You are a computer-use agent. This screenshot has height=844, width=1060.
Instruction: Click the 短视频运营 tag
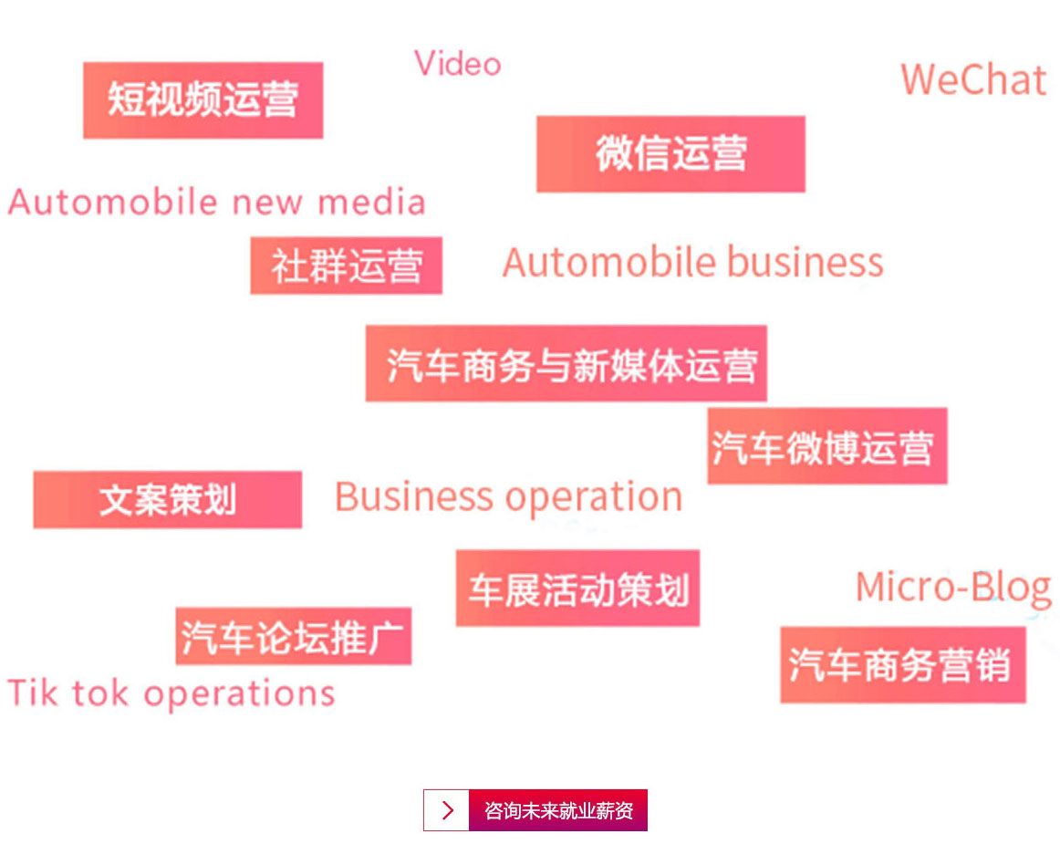pos(203,100)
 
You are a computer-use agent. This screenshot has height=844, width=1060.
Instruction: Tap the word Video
pos(458,64)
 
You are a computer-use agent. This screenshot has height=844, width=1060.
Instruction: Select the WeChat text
pos(972,80)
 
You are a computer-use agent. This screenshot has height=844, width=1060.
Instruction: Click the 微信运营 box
pos(670,154)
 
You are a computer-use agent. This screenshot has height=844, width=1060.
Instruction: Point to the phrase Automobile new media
pos(217,202)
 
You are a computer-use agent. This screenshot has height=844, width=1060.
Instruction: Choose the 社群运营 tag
pos(346,266)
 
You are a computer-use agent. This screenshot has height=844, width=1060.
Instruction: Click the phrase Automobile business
pos(692,263)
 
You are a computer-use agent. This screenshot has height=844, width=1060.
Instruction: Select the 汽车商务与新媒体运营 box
pos(566,364)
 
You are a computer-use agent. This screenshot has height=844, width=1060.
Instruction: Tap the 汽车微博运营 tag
pos(826,446)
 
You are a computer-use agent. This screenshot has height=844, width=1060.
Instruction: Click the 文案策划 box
pos(167,500)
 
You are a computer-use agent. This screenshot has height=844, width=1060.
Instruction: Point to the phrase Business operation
pos(508,497)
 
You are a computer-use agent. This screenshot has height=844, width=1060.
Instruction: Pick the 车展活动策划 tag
pos(577,589)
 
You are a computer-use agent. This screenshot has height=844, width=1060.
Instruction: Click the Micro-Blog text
pos(952,587)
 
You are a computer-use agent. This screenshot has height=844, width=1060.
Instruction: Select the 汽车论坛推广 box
pos(293,636)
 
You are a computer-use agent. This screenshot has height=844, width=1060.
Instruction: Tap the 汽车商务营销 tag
pos(902,665)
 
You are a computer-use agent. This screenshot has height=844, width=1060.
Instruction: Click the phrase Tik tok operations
pos(171,693)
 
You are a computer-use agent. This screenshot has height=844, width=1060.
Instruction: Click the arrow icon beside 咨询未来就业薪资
pos(447,810)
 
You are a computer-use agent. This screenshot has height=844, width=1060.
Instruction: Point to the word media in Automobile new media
pos(371,202)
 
